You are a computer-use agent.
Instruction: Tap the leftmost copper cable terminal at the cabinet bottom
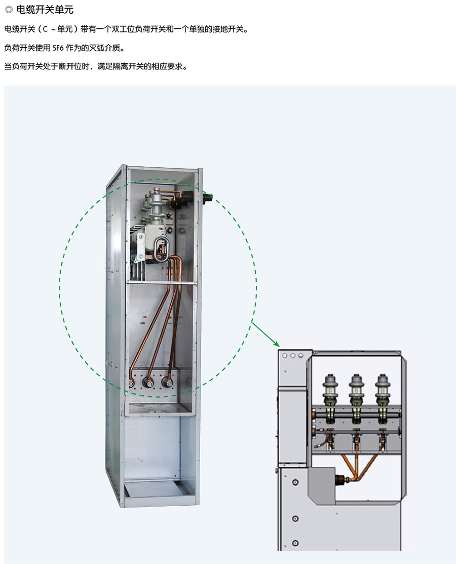point(132,383)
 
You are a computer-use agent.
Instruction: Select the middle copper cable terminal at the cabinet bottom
point(149,383)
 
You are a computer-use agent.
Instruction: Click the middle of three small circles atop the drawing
point(292,356)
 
